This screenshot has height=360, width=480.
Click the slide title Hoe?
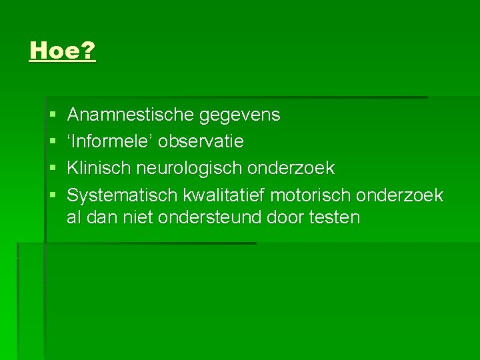point(63,51)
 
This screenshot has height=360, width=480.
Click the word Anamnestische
point(131,115)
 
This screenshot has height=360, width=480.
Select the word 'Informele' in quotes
point(111,141)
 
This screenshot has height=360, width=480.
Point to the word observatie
point(201,141)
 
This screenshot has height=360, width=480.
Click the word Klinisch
point(100,168)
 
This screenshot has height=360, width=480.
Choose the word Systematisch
point(123,195)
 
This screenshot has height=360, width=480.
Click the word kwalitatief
point(224,195)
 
